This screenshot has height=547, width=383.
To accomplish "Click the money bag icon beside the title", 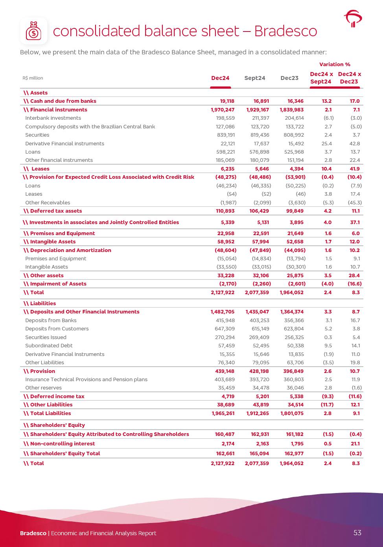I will click(33, 31).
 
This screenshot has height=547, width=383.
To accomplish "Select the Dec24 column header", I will click(220, 78).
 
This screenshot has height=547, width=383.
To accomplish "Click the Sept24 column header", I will click(255, 78).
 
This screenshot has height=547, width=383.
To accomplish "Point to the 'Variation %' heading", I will click(335, 64).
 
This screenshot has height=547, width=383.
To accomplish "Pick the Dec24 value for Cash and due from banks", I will click(225, 101).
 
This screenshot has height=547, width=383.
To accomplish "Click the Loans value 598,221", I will click(225, 152).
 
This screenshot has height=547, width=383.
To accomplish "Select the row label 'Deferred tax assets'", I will click(56, 211).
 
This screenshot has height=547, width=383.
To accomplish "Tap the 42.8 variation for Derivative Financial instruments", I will click(355, 144).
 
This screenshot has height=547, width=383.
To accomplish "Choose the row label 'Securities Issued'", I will click(46, 337).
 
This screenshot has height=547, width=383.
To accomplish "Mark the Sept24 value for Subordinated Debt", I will click(260, 346).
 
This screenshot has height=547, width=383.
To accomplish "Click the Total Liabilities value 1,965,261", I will click(223, 413).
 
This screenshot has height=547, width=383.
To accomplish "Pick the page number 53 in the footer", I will click(357, 533).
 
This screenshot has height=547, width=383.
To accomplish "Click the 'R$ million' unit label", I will click(33, 78).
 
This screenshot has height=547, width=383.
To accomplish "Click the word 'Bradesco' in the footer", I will click(33, 533).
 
